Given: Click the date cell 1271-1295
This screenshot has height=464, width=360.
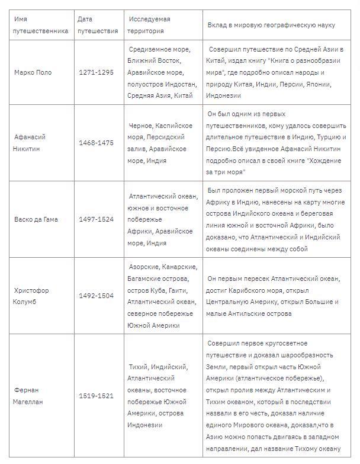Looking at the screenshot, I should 95,72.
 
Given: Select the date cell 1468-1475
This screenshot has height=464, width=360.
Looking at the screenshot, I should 95,143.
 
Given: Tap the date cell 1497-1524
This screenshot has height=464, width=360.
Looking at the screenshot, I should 95,219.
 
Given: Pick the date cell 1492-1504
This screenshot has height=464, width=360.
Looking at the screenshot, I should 95,296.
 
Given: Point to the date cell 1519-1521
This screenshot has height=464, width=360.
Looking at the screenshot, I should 95,396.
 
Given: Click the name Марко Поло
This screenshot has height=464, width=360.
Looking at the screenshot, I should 33,72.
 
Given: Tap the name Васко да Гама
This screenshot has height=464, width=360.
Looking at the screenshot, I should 36,219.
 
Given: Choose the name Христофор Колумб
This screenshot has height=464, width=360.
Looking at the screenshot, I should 31,296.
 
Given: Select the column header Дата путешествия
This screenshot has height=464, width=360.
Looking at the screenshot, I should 97,25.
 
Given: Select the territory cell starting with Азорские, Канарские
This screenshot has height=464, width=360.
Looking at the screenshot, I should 160,296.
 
